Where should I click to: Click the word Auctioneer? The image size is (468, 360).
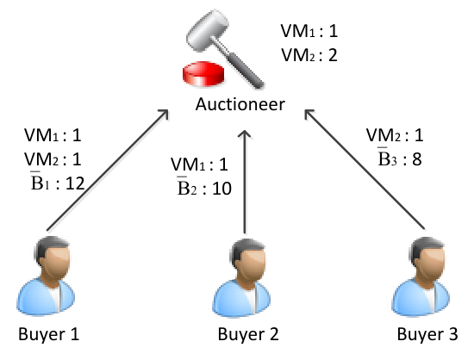click(x=240, y=104)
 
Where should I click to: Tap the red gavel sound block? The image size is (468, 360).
click(x=203, y=74)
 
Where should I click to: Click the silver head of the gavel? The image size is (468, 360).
click(x=208, y=30)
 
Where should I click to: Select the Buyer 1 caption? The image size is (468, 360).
click(x=48, y=334)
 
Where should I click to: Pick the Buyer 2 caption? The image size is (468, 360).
click(x=248, y=334)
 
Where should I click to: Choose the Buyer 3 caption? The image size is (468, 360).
click(x=427, y=334)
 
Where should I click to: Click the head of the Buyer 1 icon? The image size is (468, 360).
click(x=53, y=258)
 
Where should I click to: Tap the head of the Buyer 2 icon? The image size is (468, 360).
click(x=248, y=259)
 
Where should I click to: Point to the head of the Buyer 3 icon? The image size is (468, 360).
click(x=427, y=258)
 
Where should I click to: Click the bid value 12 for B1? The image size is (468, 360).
click(x=75, y=183)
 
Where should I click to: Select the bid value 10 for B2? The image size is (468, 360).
click(x=222, y=189)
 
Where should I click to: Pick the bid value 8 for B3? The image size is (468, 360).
click(x=417, y=158)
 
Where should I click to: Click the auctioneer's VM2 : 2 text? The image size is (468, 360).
click(x=309, y=55)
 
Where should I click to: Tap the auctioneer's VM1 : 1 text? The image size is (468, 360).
click(x=309, y=31)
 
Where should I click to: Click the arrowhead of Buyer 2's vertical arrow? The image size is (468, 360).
click(x=245, y=133)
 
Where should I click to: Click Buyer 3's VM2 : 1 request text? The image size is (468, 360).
click(x=395, y=135)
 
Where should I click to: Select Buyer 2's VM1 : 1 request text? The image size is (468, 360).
click(x=199, y=164)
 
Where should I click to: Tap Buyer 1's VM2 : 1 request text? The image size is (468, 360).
click(x=53, y=159)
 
